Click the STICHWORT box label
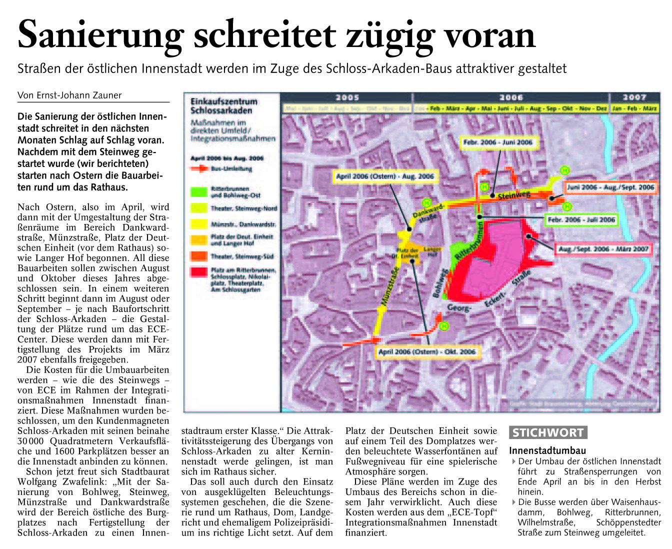click(548, 433)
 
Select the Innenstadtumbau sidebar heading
click(547, 450)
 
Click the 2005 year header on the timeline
click(347, 98)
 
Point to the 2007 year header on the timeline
click(634, 98)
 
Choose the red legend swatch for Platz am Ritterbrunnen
click(198, 272)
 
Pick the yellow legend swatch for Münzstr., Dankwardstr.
click(198, 224)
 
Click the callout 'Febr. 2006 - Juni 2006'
click(497, 142)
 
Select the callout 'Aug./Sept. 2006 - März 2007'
click(603, 249)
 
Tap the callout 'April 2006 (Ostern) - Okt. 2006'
click(427, 352)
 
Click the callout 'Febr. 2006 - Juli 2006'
click(581, 220)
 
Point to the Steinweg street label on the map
click(514, 194)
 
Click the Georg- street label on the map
click(458, 308)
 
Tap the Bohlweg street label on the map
click(440, 284)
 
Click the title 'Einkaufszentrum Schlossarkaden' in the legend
click(223, 106)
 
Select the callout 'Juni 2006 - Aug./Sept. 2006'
click(610, 187)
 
